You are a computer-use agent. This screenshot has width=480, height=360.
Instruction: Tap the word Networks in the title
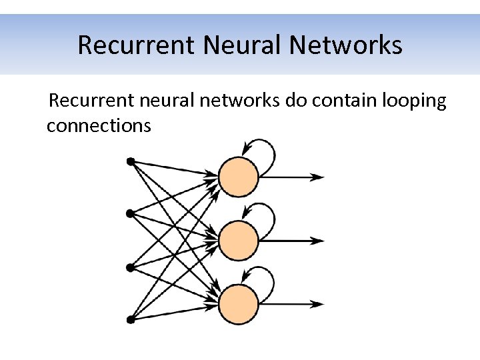pos(346,45)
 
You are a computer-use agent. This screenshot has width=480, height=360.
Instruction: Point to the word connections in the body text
pos(99,125)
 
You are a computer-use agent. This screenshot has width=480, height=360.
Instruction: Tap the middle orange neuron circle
pos(238,241)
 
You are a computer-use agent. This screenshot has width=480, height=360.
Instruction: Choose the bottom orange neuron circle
pos(238,304)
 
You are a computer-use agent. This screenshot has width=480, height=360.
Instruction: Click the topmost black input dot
pos(131,161)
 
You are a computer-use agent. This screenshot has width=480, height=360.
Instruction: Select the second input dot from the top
pos(131,213)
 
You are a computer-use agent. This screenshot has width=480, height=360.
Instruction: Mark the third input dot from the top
pos(131,267)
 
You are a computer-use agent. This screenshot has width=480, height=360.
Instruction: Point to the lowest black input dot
pos(131,320)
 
